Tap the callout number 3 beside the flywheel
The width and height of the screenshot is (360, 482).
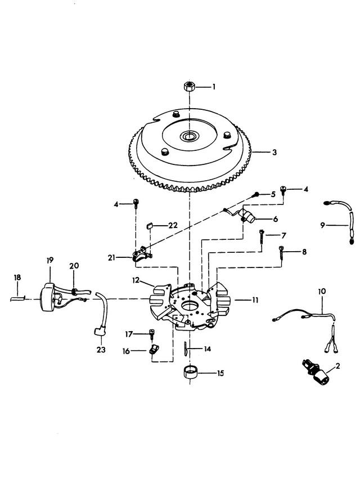point(274,151)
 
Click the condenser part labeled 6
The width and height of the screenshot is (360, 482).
point(247,215)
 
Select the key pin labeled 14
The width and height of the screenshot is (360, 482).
point(186,349)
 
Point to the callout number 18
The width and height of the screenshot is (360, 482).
point(17,277)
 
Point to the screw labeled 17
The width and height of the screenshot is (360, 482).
point(152,334)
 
